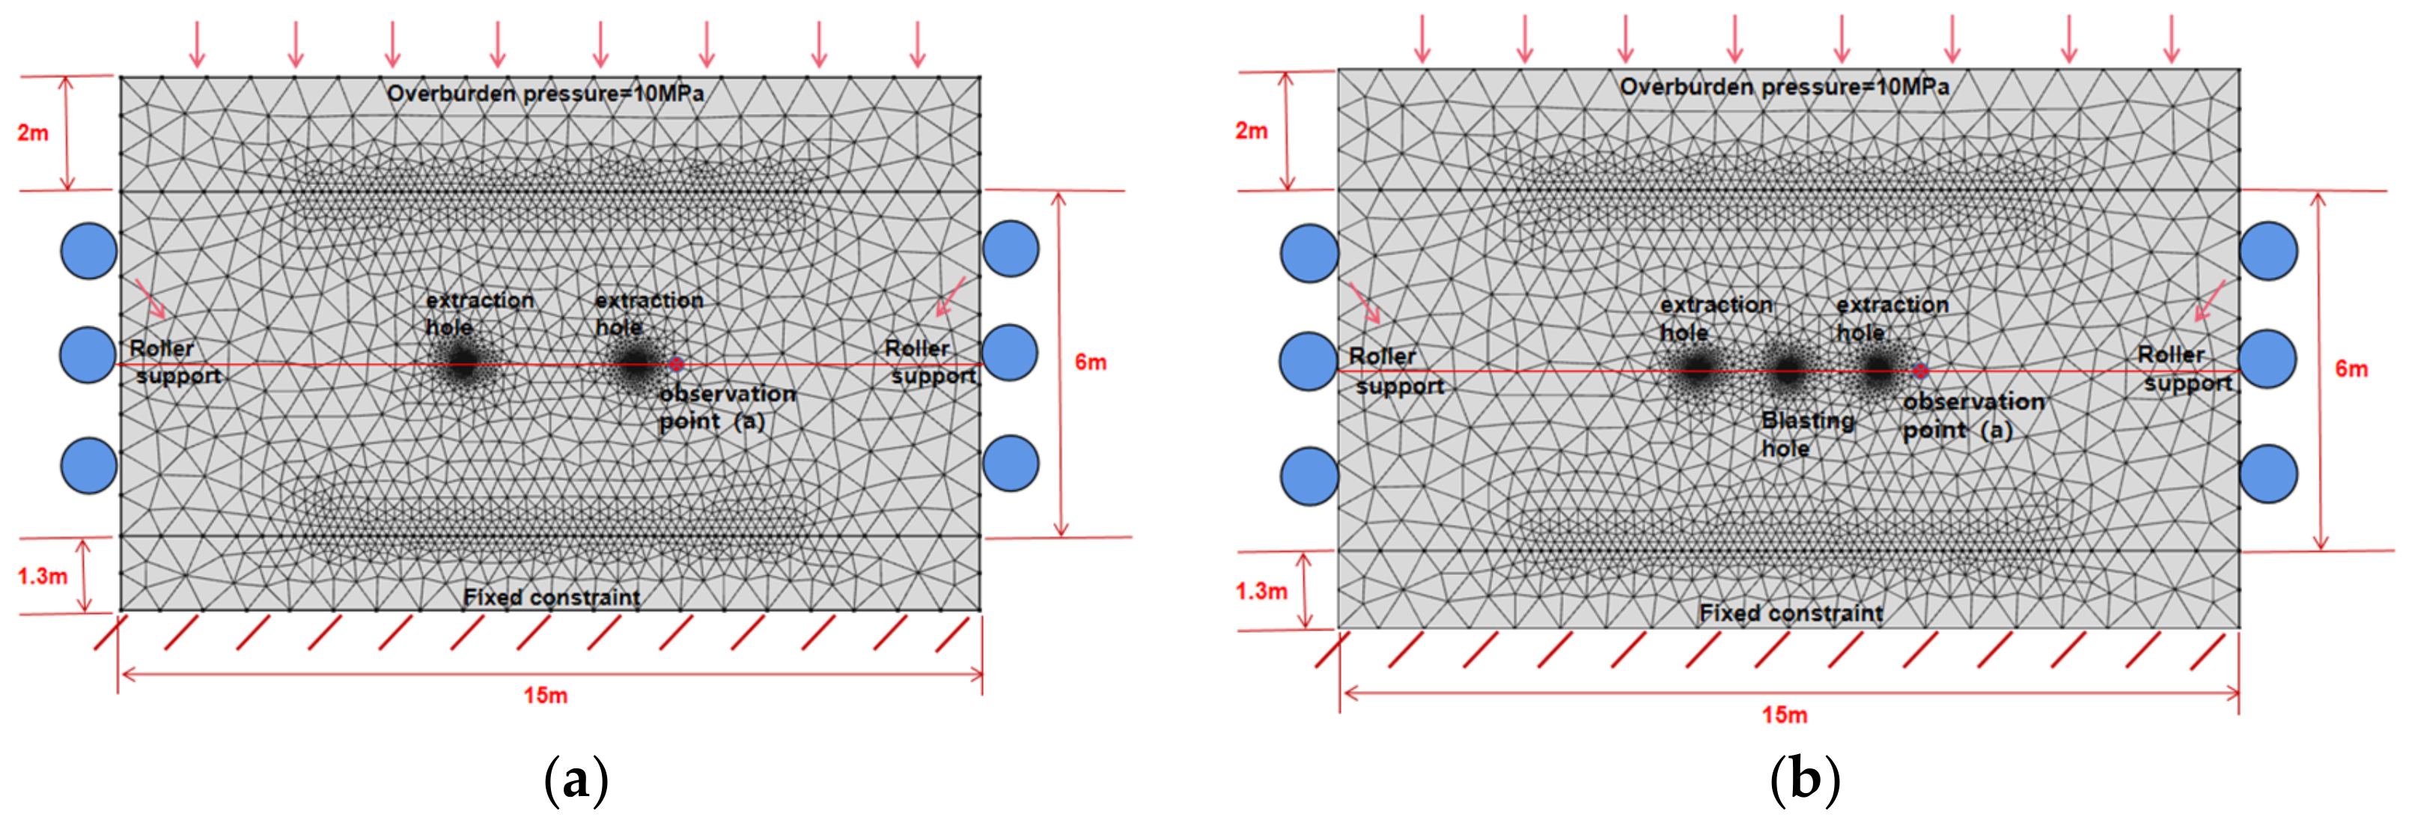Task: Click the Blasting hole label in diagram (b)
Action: [1807, 434]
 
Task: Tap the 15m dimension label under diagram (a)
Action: [545, 695]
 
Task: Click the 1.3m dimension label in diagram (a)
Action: [42, 575]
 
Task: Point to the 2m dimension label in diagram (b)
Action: [1251, 131]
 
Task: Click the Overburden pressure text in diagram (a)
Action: [545, 94]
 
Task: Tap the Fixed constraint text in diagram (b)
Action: [1791, 613]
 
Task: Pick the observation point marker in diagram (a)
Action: [676, 364]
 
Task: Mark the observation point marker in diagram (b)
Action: [1920, 371]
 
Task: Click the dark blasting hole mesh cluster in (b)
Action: [1787, 371]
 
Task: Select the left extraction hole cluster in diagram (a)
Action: [462, 365]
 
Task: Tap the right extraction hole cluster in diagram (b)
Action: [1877, 371]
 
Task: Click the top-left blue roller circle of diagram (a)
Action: [89, 251]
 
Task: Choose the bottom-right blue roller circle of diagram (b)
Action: [2268, 474]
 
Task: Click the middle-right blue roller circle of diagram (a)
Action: [1010, 353]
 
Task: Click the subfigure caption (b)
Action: [1804, 779]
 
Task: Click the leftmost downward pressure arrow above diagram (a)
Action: [196, 43]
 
